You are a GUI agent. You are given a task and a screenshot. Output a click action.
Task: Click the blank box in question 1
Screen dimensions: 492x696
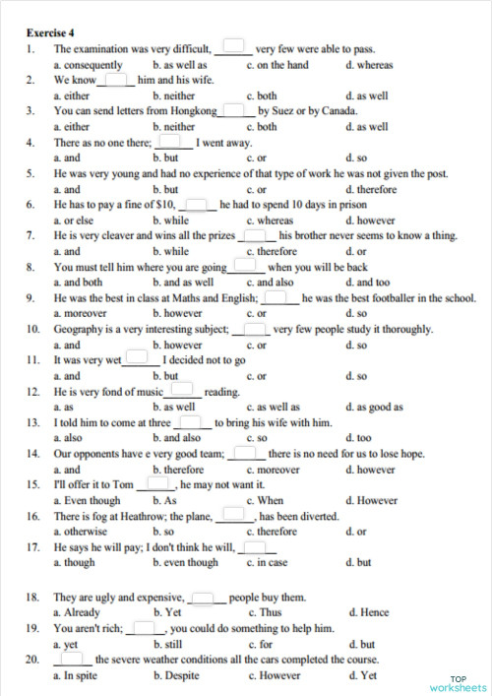pos(233,45)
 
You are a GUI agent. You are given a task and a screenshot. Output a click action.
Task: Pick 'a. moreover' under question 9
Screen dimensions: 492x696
pos(81,314)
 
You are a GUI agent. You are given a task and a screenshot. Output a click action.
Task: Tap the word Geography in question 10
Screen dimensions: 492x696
pos(82,329)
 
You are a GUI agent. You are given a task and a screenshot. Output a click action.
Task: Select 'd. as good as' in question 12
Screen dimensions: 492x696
pos(377,407)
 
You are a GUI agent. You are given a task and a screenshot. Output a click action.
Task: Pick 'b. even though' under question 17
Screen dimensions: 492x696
pos(186,562)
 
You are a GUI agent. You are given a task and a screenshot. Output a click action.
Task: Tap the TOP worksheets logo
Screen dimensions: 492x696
pos(459,682)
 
